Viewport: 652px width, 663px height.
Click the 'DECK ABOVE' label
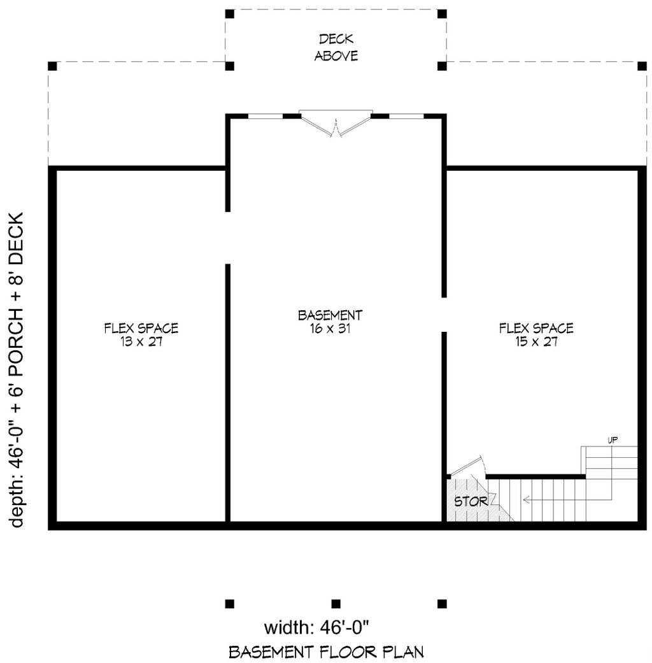336,48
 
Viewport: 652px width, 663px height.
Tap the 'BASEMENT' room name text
330,315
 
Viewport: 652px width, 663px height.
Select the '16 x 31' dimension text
330,329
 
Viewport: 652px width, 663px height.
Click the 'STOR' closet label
471,501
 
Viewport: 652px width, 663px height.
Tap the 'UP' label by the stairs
612,440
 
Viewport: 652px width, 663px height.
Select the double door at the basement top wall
336,124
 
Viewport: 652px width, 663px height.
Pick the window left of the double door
265,116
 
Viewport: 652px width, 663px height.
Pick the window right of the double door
406,116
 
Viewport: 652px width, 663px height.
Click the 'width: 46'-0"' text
316,628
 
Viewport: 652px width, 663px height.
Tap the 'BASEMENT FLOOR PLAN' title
326,652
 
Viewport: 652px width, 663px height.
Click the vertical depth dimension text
17,369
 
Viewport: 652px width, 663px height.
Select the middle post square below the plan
336,603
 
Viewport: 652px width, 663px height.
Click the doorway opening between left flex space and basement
228,238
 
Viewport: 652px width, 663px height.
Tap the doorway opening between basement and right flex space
444,314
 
